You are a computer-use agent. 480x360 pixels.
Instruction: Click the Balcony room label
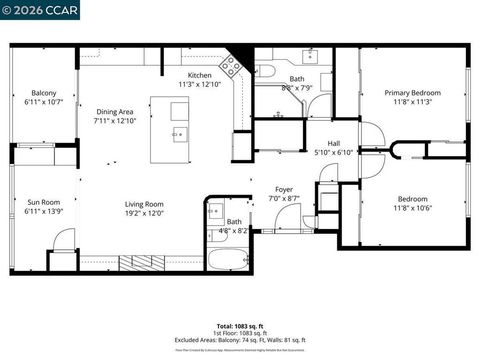43,93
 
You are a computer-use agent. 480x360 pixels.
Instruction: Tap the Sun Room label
43,203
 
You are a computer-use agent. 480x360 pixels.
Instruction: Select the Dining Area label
115,112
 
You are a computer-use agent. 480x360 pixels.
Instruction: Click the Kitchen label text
200,76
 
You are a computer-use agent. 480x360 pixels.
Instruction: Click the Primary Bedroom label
412,93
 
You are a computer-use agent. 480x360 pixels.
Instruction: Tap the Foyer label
284,190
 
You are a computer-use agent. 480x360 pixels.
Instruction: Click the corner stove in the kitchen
231,66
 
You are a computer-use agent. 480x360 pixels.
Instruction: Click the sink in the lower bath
214,213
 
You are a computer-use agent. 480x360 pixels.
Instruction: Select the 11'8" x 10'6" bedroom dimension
412,208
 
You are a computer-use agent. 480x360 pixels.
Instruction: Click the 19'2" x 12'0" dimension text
144,212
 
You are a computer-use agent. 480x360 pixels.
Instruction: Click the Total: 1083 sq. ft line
240,326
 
